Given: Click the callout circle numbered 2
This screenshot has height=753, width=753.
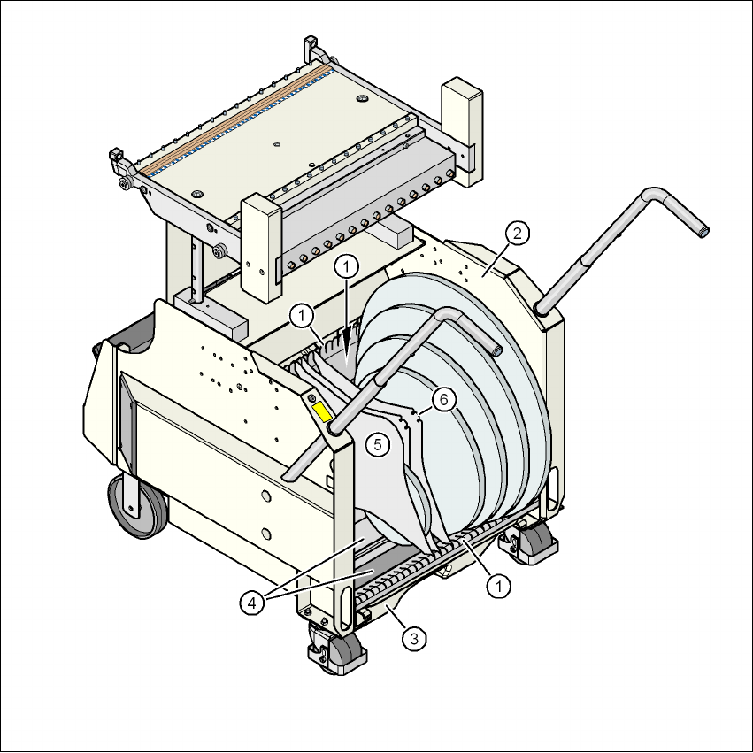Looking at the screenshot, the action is pyautogui.click(x=517, y=233).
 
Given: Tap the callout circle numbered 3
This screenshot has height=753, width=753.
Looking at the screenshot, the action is pyautogui.click(x=414, y=639).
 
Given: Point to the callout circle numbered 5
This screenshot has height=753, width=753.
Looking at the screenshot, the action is pyautogui.click(x=378, y=445).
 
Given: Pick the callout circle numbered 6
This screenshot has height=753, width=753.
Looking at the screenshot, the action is pyautogui.click(x=443, y=400).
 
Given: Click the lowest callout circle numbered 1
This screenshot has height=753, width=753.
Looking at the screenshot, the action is pyautogui.click(x=499, y=586).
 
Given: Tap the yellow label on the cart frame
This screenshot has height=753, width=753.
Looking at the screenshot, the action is pyautogui.click(x=322, y=412).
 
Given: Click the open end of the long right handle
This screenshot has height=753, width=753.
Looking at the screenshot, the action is pyautogui.click(x=703, y=232).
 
